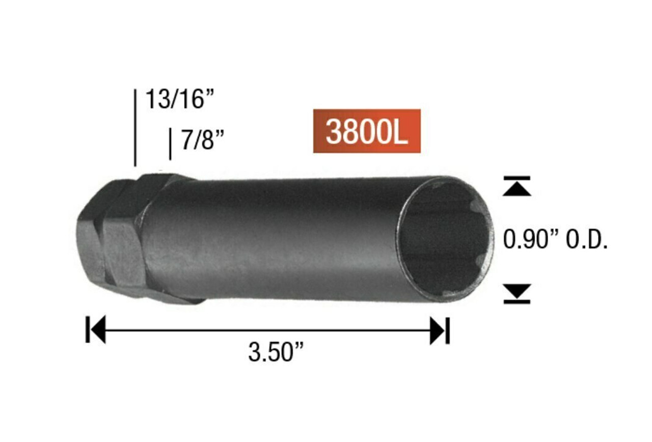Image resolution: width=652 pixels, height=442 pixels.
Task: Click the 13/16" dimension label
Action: pyautogui.click(x=178, y=99)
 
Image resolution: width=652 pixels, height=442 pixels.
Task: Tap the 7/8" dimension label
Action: pyautogui.click(x=203, y=140)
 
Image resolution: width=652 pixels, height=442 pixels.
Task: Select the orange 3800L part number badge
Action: pyautogui.click(x=367, y=131)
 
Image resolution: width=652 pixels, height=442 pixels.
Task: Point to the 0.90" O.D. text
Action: pyautogui.click(x=555, y=239)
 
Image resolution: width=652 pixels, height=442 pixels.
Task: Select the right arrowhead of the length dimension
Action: pyautogui.click(x=438, y=330)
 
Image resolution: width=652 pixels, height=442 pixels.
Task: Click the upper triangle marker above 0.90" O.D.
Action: pyautogui.click(x=517, y=187)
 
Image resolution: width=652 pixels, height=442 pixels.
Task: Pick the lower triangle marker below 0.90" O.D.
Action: pyautogui.click(x=517, y=292)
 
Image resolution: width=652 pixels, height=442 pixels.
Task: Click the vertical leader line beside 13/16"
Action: pyautogui.click(x=135, y=127)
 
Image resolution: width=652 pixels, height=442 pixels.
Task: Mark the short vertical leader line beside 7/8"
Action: pyautogui.click(x=170, y=144)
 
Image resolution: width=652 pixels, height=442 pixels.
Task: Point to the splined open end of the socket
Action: pyautogui.click(x=446, y=239)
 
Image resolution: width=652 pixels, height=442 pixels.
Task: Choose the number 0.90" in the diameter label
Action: pyautogui.click(x=527, y=239)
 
